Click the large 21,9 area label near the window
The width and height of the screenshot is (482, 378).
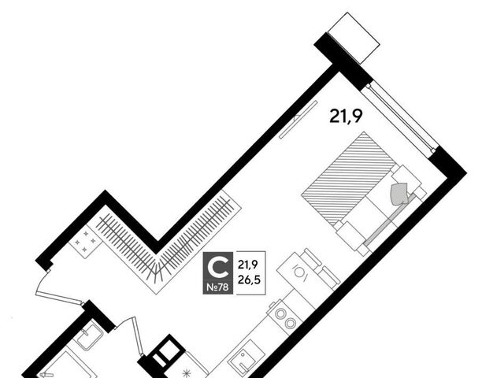point(346,117)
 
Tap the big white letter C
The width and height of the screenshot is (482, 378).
point(218,268)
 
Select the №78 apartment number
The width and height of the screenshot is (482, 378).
point(217,287)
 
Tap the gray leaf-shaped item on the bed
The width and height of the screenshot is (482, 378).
point(399,194)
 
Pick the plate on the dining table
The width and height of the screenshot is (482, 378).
point(301,272)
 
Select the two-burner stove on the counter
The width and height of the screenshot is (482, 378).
point(285,318)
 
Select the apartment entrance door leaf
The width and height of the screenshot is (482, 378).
point(59,298)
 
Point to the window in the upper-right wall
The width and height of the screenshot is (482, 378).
point(400,117)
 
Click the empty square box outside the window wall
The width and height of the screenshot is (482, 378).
point(354,38)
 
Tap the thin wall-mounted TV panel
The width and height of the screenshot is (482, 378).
point(298,120)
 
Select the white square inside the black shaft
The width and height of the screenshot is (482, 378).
point(167,349)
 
